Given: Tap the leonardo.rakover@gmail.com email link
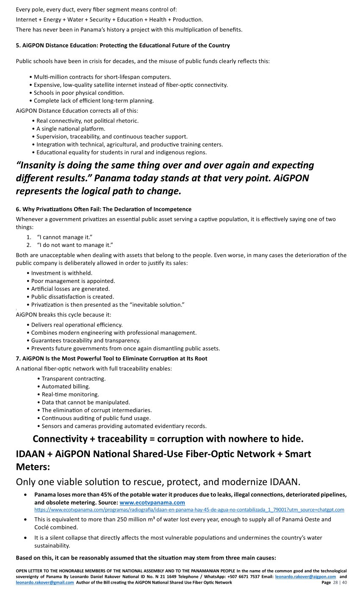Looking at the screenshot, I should click(44, 582).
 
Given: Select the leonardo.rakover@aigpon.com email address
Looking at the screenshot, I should click(305, 577).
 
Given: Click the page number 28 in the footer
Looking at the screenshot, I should click(336, 582).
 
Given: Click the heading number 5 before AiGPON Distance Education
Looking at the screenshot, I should click(18, 45).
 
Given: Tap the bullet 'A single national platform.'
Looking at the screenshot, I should click(71, 128).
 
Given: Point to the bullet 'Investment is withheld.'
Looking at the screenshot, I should click(62, 273).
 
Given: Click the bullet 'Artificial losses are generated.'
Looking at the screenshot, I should click(70, 289).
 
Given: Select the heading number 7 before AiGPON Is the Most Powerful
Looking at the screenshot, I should click(18, 358).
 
